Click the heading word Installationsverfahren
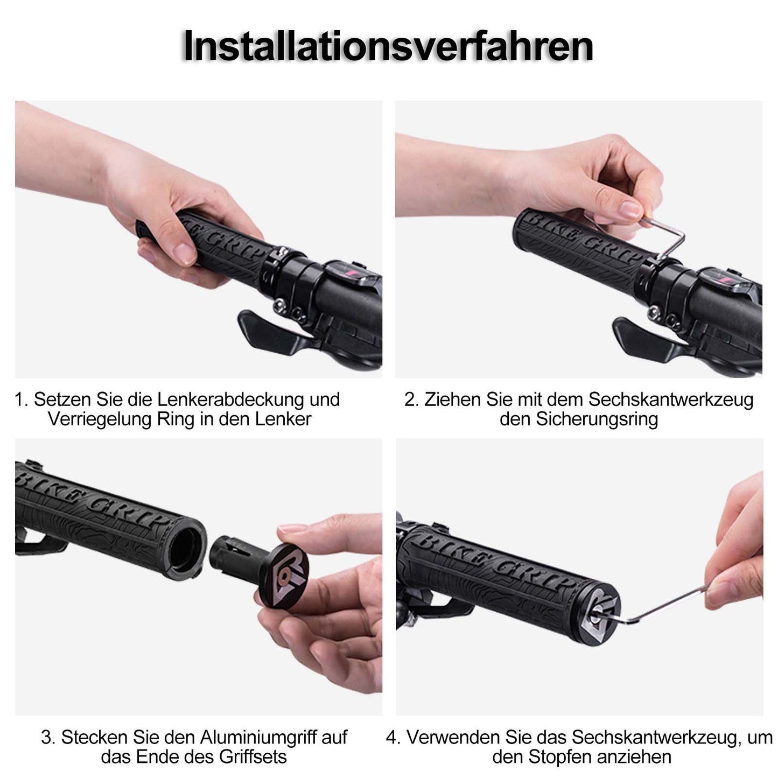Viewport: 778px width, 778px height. pos(388,47)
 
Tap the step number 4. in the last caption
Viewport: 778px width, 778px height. pos(393,737)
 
